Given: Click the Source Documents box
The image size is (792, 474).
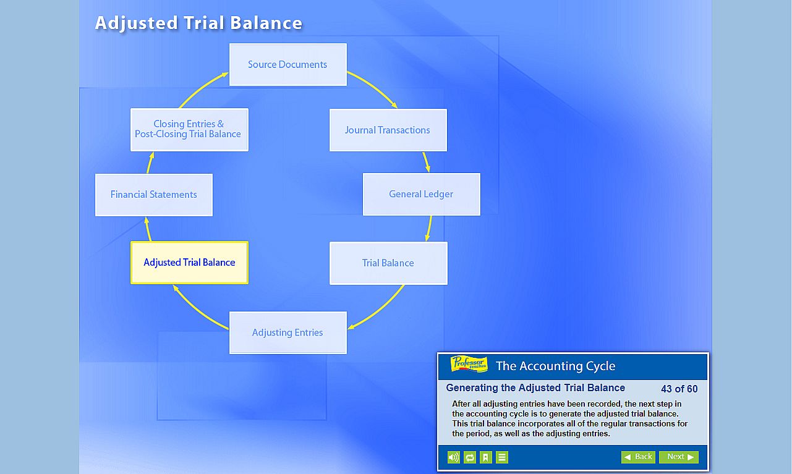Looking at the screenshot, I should (287, 64).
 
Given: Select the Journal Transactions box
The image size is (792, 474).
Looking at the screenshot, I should (388, 130).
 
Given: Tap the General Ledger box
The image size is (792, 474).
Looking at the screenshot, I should (421, 194).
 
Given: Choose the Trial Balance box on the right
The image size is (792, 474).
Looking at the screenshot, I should (388, 263).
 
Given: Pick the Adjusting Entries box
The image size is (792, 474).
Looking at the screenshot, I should (287, 332).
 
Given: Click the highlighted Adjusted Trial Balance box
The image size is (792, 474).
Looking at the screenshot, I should (189, 263).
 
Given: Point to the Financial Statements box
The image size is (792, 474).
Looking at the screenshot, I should (153, 195).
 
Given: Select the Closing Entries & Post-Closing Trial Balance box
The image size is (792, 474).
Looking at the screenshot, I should (189, 129).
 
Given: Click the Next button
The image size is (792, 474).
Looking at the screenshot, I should (678, 457).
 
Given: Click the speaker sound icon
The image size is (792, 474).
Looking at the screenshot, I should (454, 457).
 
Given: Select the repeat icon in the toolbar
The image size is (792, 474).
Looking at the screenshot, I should (470, 457).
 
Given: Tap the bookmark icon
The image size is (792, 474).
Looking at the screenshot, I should (486, 457).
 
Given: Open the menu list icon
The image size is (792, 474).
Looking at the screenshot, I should (502, 457).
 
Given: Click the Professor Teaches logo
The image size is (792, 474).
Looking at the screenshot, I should (469, 364).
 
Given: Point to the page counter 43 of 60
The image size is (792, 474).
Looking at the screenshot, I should (679, 389).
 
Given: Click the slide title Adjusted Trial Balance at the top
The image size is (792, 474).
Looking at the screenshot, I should (198, 23).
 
